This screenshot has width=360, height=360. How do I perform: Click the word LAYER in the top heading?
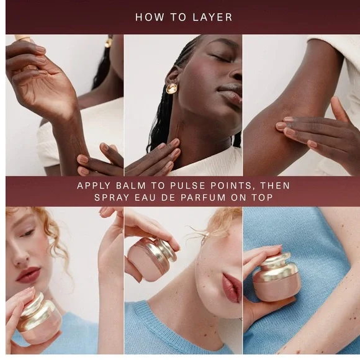(212, 17)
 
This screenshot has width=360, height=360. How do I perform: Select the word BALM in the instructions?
(131, 186)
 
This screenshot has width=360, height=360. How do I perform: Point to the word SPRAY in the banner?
(112, 197)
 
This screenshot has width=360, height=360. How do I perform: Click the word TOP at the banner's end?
(263, 197)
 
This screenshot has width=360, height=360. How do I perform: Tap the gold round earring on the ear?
(171, 88)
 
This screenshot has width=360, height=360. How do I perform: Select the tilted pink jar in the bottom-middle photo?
(151, 258)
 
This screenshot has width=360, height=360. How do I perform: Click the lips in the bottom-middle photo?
(232, 287)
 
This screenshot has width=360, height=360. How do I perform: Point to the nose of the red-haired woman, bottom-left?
(20, 256)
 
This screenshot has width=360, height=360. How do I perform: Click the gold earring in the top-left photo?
(108, 42)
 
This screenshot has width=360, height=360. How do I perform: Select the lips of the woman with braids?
(230, 94)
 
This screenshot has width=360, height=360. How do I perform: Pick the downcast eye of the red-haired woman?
(28, 233)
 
